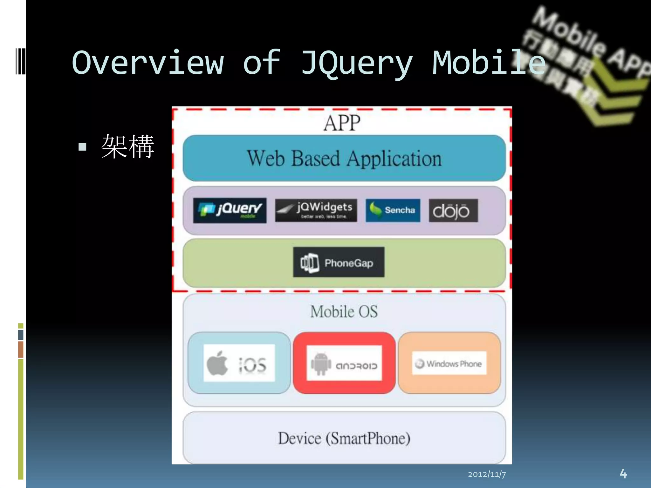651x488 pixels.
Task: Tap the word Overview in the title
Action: [x=148, y=63]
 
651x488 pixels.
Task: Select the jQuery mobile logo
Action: [x=230, y=210]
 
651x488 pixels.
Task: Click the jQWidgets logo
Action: [x=316, y=210]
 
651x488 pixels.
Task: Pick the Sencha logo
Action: [x=393, y=210]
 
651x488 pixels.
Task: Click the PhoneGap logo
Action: [x=339, y=262]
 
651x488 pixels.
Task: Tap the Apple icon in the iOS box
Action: [x=217, y=363]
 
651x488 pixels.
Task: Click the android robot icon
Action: [x=321, y=363]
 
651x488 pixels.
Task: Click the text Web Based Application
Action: [x=344, y=158]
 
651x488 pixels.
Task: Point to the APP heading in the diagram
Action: [x=342, y=123]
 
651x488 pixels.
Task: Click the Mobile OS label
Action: [x=344, y=311]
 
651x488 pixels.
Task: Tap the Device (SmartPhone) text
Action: [x=344, y=438]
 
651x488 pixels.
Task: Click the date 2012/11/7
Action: [x=487, y=474]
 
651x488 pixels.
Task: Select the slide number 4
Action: [x=623, y=473]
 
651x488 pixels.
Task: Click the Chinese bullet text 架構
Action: [x=128, y=146]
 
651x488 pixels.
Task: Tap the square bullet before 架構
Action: [x=82, y=147]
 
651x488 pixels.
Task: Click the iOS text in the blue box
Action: [x=253, y=365]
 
